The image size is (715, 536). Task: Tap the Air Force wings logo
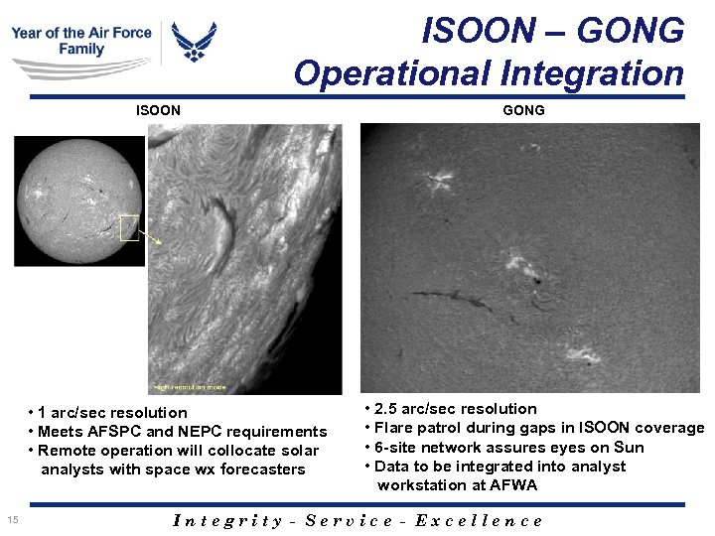tap(194, 42)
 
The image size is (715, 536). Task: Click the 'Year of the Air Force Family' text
tap(81, 41)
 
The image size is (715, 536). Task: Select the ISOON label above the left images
tap(158, 110)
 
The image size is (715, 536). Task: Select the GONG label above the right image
tap(523, 110)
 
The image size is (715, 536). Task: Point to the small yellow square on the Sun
tap(129, 228)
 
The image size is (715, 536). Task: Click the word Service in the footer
tap(351, 520)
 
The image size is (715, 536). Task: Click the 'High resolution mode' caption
tap(190, 386)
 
